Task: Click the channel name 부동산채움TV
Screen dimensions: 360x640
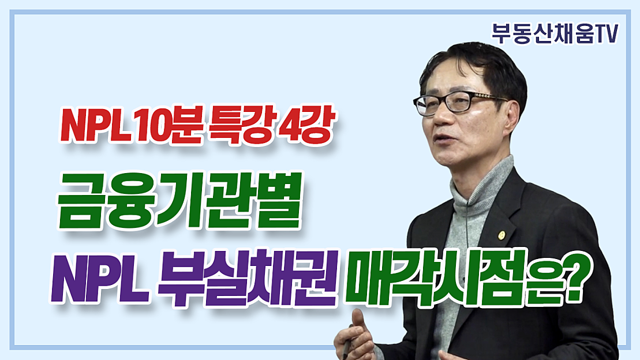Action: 555,33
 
